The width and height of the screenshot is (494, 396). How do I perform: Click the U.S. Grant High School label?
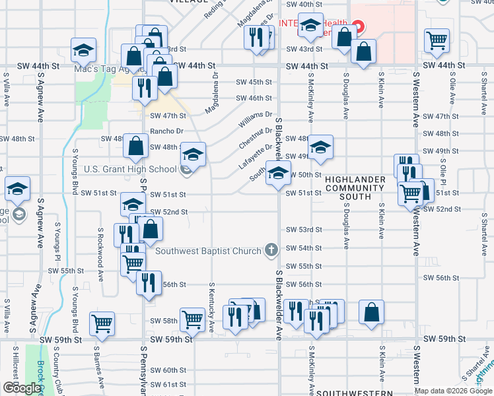click(130, 169)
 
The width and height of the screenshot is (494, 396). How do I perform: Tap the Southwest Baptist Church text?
click(209, 250)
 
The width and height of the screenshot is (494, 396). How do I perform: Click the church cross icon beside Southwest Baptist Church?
click(271, 250)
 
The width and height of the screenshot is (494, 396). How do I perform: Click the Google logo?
click(22, 388)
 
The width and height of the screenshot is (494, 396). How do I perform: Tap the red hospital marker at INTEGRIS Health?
click(358, 26)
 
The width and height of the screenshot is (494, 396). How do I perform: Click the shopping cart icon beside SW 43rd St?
click(437, 40)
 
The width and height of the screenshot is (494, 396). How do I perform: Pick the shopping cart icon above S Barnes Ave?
click(102, 323)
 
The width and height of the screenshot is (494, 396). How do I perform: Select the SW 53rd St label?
click(304, 230)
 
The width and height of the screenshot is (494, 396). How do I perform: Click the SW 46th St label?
click(254, 98)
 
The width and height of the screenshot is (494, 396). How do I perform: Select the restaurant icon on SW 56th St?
click(149, 282)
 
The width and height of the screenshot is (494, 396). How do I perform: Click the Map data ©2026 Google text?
click(453, 391)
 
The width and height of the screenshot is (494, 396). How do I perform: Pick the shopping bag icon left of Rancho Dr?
click(136, 148)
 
